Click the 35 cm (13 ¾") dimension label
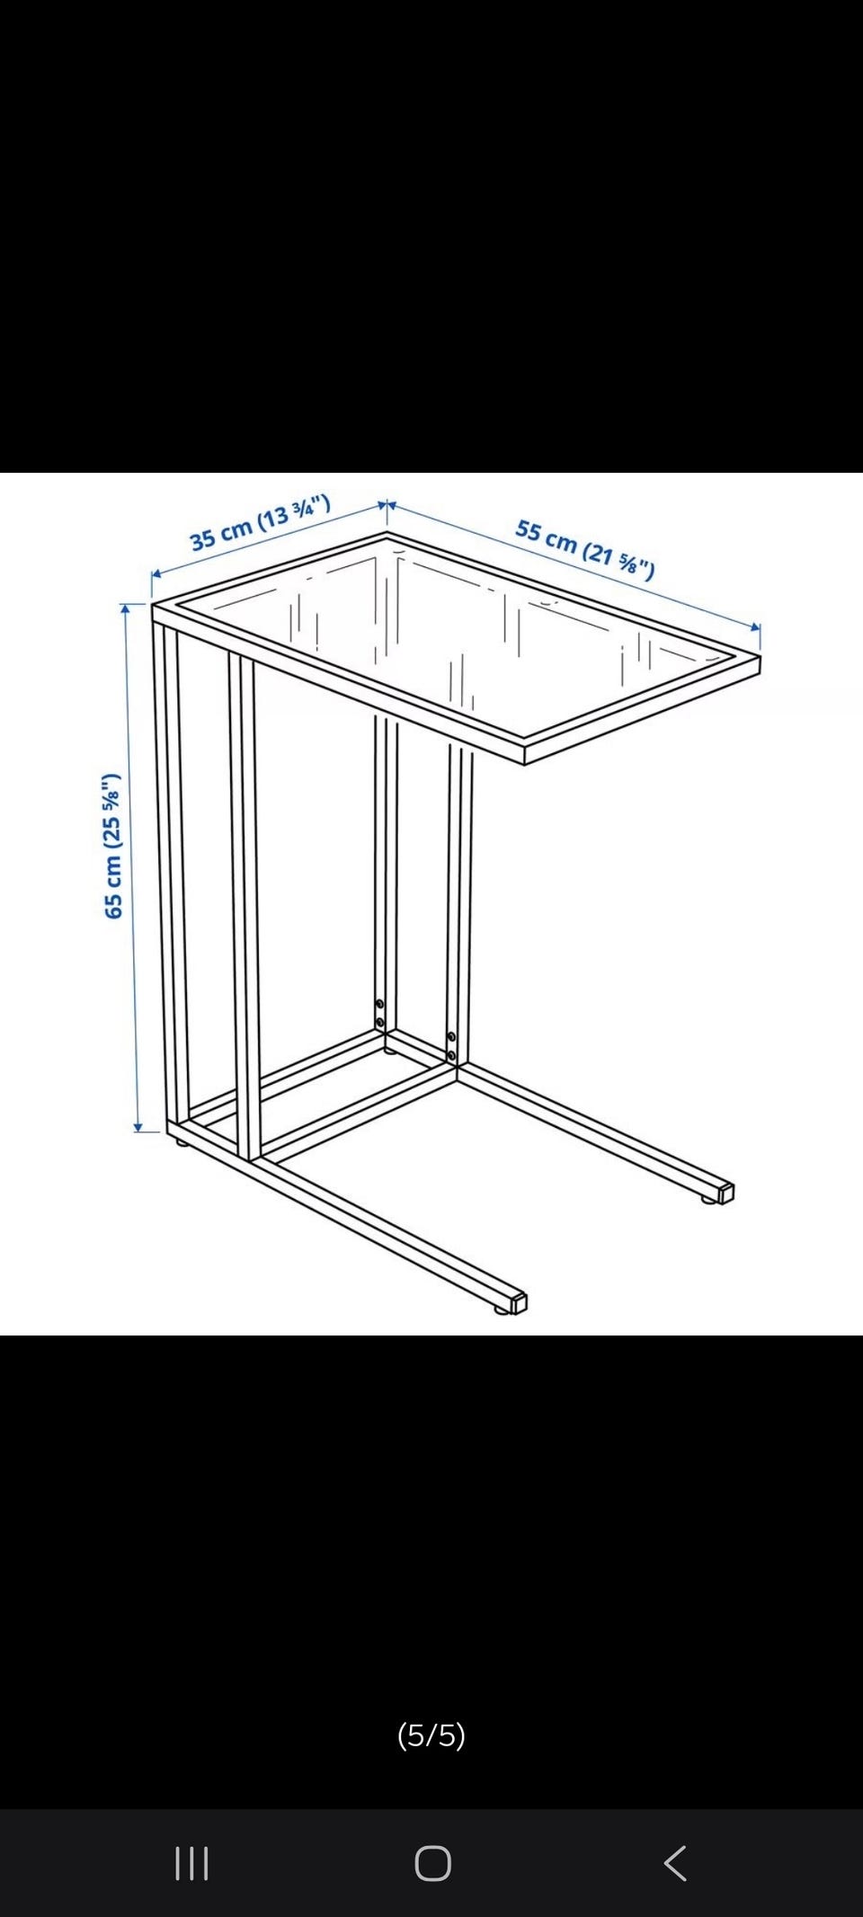(260, 521)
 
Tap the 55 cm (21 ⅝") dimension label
(585, 548)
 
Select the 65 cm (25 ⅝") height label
(112, 846)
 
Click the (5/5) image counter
(431, 1735)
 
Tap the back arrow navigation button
(675, 1863)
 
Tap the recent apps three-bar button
(191, 1863)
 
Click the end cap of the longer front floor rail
(518, 1302)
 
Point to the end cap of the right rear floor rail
(726, 1193)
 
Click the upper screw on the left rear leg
(379, 1004)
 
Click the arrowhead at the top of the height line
(125, 609)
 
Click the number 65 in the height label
(112, 904)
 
